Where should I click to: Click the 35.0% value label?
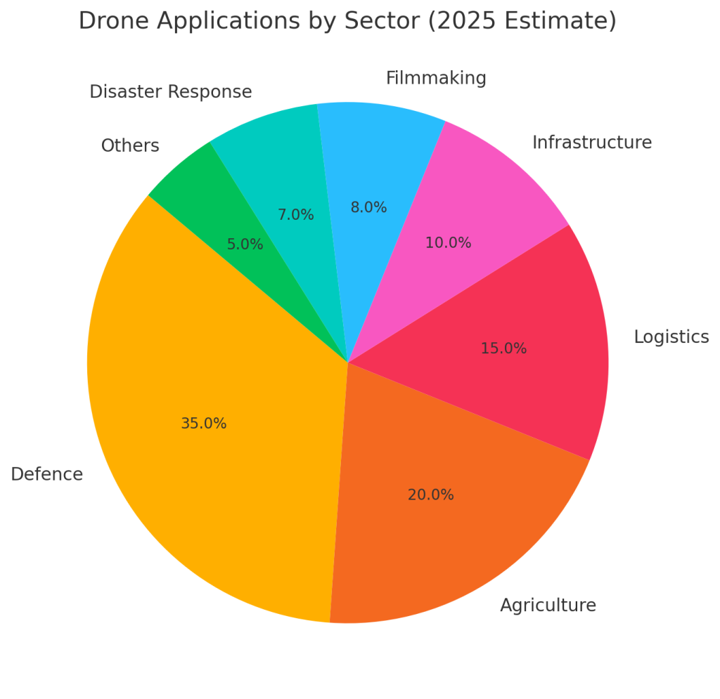(x=203, y=424)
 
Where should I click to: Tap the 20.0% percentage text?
(x=430, y=495)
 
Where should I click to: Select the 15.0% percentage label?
(x=503, y=348)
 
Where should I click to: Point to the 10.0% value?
(x=448, y=243)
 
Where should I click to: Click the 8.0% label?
(x=368, y=207)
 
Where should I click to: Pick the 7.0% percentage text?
(x=295, y=215)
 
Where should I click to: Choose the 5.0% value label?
(x=245, y=244)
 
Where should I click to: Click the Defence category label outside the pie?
(x=46, y=474)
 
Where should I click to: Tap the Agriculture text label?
(x=548, y=605)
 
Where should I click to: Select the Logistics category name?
(x=671, y=337)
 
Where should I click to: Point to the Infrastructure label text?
(x=591, y=143)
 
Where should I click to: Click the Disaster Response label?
(x=170, y=92)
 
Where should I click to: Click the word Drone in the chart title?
(x=113, y=21)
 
